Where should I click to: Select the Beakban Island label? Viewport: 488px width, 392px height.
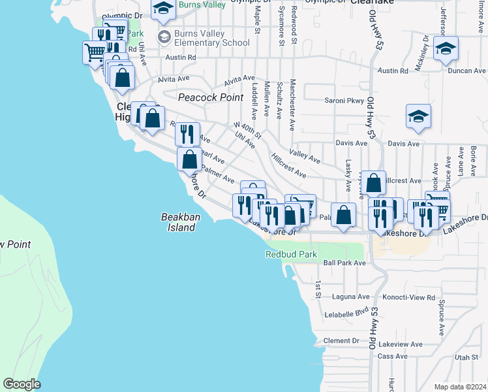pos(178,223)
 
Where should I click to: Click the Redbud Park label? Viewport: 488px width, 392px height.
pos(291,254)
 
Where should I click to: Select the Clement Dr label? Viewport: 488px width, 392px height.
pos(341,340)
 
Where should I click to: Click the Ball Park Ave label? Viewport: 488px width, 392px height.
pos(344,263)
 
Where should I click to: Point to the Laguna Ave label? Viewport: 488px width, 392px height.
pos(346,296)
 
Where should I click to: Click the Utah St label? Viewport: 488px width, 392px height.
pos(466,357)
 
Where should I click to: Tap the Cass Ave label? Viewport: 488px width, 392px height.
pos(392,356)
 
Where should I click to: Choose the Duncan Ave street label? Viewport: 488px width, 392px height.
pos(470,71)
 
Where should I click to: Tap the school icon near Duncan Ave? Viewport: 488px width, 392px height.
pos(446,49)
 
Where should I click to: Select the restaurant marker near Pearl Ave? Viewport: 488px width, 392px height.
pos(187,134)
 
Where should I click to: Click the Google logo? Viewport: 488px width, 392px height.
pos(21,384)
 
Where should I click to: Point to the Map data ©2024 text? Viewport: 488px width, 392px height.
pos(460,387)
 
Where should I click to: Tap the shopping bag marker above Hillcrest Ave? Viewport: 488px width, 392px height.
pos(374,184)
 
